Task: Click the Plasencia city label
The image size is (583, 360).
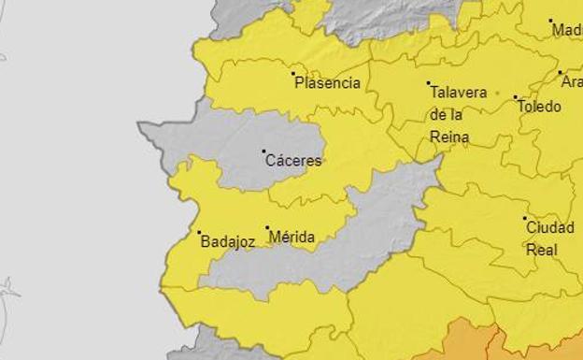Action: [x=327, y=83]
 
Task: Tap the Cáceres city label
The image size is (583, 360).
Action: [x=293, y=161]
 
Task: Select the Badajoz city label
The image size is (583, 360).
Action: [x=227, y=242]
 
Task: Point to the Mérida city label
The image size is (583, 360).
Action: [x=291, y=238]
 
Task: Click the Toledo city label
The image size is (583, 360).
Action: [x=540, y=107]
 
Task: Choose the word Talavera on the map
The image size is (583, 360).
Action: [x=458, y=93]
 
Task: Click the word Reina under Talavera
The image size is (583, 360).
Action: [x=448, y=137]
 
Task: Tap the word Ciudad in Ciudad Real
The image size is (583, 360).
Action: [x=549, y=227]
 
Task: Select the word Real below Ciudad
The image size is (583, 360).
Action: [x=542, y=250]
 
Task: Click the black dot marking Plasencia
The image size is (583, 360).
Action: [x=293, y=73]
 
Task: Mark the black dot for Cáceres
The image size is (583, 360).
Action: [x=263, y=151]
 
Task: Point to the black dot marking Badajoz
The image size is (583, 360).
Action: [x=199, y=232]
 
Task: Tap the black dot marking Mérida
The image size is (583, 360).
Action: [x=267, y=227]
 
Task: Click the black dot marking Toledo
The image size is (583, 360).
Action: [x=515, y=96]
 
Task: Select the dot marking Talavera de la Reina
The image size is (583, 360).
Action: [x=429, y=83]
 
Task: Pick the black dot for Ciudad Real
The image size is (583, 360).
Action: [x=525, y=218]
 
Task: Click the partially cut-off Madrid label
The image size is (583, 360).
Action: [x=567, y=30]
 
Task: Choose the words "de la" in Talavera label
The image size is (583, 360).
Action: [x=447, y=115]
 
